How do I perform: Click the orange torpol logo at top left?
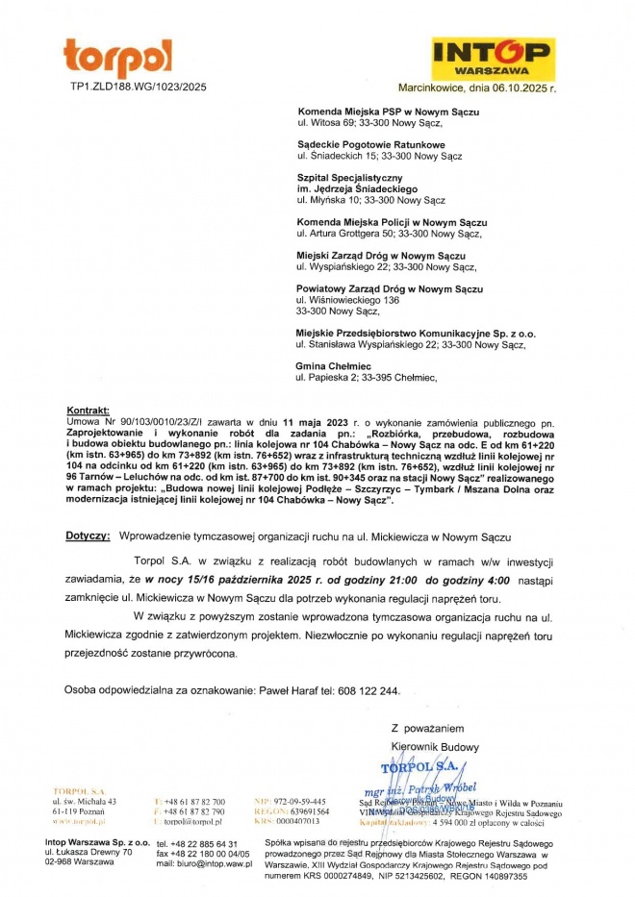coord(117,58)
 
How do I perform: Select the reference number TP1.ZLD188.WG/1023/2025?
coord(139,87)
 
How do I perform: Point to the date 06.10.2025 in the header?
coord(520,87)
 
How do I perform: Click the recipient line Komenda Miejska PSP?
coord(388,112)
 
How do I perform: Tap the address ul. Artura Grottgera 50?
coord(356,234)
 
